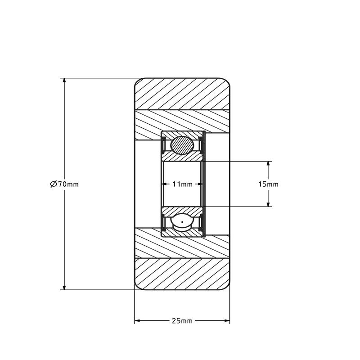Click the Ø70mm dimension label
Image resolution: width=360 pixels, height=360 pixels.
[64, 184]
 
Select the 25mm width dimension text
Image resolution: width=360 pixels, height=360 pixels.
[182, 321]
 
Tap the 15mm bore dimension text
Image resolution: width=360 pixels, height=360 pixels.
[268, 184]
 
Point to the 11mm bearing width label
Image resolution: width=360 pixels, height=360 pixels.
[182, 184]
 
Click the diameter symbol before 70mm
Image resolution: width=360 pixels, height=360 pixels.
[53, 184]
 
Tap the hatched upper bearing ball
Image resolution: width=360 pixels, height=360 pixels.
[182, 145]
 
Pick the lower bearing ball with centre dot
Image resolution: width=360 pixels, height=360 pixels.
[182, 222]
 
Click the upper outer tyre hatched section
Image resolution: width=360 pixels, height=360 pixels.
[182, 94]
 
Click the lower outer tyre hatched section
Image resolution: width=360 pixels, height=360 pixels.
[182, 274]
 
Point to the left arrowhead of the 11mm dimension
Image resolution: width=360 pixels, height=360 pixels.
[164, 184]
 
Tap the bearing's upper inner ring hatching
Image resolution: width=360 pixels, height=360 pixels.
[182, 157]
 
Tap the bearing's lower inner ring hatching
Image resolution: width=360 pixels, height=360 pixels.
[182, 210]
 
